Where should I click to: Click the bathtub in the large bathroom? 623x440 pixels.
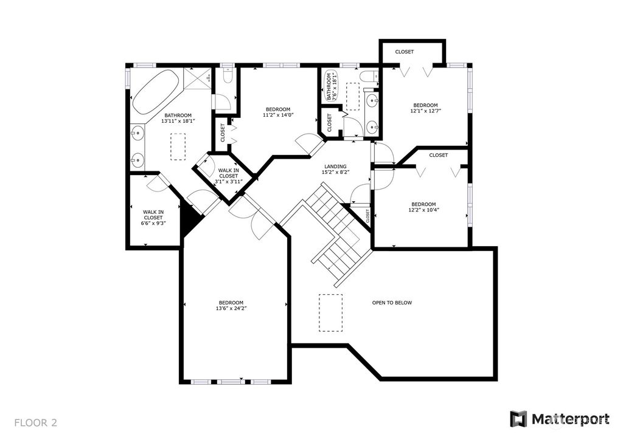click(155, 92)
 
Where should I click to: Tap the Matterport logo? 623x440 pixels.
click(560, 419)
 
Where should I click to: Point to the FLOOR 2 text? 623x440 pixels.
click(36, 422)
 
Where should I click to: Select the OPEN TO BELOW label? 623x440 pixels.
click(392, 303)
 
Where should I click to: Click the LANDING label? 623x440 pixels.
click(335, 167)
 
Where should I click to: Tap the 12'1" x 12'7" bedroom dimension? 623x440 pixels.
click(425, 111)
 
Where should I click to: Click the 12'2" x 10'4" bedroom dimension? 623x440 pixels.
click(423, 210)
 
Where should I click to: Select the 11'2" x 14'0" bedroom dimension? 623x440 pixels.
click(278, 115)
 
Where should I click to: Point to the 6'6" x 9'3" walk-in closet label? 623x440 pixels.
click(153, 223)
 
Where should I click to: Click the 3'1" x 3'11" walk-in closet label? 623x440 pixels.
click(229, 181)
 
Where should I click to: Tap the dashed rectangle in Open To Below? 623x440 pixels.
click(330, 312)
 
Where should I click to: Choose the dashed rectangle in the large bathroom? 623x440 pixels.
click(178, 147)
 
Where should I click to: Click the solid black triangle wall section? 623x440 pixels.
click(190, 218)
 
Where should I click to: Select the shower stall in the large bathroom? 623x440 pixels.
click(198, 78)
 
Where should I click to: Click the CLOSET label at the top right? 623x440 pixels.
click(405, 52)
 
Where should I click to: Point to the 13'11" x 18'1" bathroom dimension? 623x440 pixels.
click(178, 121)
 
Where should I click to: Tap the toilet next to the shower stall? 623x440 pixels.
click(228, 75)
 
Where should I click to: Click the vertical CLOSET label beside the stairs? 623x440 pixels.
click(367, 216)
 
